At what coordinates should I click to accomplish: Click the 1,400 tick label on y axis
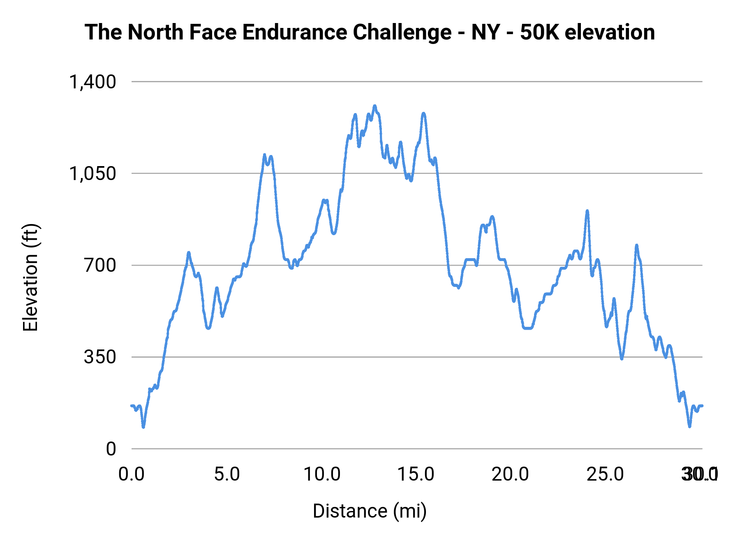tap(93, 82)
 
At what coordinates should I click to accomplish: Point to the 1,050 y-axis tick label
tap(93, 173)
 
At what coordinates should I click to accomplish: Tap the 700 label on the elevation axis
tap(100, 265)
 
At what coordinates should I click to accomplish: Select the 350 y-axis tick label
tap(100, 357)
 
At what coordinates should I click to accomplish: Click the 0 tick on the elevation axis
tap(111, 449)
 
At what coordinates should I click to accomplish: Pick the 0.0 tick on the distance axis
tap(132, 474)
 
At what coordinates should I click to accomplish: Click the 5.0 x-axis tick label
tap(227, 474)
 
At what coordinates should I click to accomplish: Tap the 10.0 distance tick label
tap(322, 474)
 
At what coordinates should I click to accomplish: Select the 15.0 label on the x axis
tap(416, 474)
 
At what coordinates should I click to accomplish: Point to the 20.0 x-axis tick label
tap(511, 474)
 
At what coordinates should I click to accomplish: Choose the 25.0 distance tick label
tap(605, 474)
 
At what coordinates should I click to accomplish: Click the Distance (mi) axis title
tap(370, 511)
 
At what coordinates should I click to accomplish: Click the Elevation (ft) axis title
tap(30, 277)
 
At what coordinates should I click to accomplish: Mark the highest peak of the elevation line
tap(375, 106)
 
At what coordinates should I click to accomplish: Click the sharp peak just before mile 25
tap(587, 211)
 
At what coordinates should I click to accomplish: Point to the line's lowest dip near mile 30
tap(689, 426)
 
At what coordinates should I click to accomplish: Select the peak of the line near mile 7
tap(265, 155)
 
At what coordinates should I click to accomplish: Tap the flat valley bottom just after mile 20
tap(528, 328)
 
